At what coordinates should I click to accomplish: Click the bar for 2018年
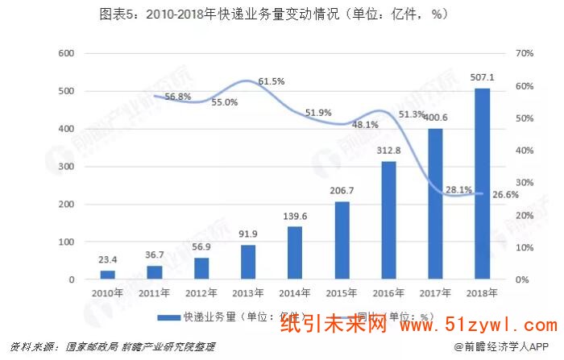pyautogui.click(x=482, y=184)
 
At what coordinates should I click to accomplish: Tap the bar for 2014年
pyautogui.click(x=295, y=253)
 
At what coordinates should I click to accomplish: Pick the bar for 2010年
pyautogui.click(x=107, y=275)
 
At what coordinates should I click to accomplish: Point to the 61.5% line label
pyautogui.click(x=272, y=81)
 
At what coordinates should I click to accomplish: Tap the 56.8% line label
pyautogui.click(x=177, y=97)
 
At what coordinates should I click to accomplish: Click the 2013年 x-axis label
pyautogui.click(x=248, y=293)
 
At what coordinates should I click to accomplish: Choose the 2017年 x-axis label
pyautogui.click(x=436, y=293)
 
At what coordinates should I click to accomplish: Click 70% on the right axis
pyautogui.click(x=525, y=54)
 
